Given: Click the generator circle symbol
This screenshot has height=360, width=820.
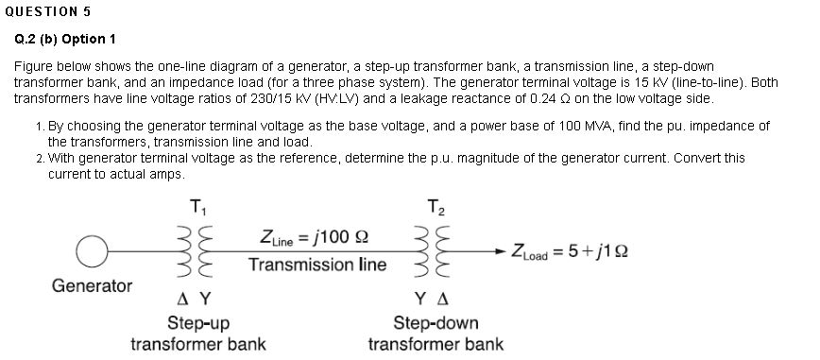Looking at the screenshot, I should tap(92, 250).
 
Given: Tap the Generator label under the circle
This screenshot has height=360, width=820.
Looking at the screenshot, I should tap(92, 284).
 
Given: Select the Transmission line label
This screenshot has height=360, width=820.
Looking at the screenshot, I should tap(317, 265).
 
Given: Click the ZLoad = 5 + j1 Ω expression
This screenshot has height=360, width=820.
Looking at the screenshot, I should tap(570, 250).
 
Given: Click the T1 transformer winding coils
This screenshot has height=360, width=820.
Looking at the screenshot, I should tap(196, 249).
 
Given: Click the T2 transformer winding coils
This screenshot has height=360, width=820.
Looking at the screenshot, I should tap(435, 249).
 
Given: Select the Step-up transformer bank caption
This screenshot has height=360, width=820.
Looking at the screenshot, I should tap(197, 333).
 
